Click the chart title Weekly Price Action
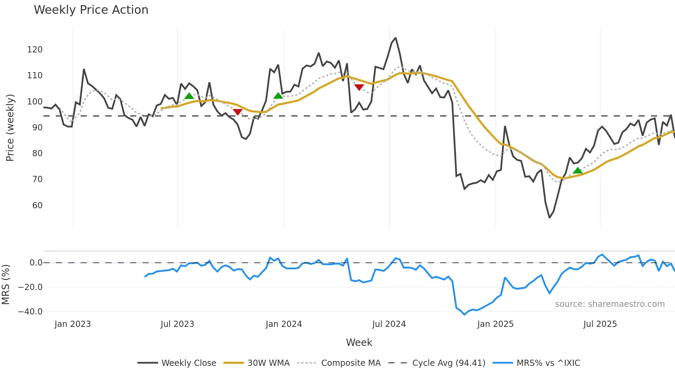(x=91, y=10)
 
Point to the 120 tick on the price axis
(x=35, y=50)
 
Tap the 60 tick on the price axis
(x=37, y=206)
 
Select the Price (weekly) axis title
(x=10, y=128)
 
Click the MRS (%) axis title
(x=6, y=284)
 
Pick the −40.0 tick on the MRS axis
(x=30, y=312)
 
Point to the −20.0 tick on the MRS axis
(x=30, y=287)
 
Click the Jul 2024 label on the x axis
(x=389, y=324)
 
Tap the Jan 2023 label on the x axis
(x=73, y=324)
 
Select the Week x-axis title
(x=359, y=342)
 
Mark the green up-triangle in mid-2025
(x=578, y=171)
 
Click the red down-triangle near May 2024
(x=359, y=87)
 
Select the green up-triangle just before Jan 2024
(x=278, y=96)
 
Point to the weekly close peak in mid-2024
(x=395, y=38)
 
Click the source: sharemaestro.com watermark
(x=610, y=304)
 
